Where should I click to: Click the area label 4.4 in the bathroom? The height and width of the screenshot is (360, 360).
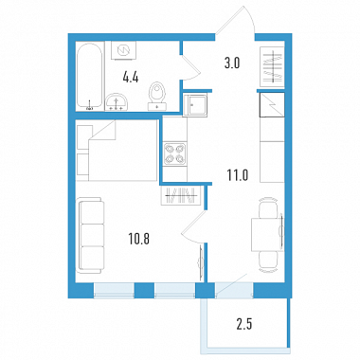pyautogui.click(x=131, y=78)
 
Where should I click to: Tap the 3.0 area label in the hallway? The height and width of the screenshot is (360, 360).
pyautogui.click(x=232, y=63)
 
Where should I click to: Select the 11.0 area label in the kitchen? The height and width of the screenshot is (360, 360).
pyautogui.click(x=238, y=174)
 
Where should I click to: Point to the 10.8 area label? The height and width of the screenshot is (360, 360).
pyautogui.click(x=138, y=240)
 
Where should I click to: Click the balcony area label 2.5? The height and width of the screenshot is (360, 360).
pyautogui.click(x=244, y=325)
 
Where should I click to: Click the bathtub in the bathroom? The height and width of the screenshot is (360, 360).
pyautogui.click(x=90, y=76)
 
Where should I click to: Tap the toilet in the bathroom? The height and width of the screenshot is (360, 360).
pyautogui.click(x=157, y=97)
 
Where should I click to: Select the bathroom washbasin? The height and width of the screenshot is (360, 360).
pyautogui.click(x=117, y=102)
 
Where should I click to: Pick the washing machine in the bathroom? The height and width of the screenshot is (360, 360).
pyautogui.click(x=123, y=50)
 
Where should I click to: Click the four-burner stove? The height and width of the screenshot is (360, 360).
pyautogui.click(x=174, y=153)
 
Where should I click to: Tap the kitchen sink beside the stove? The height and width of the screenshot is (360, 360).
pyautogui.click(x=195, y=105)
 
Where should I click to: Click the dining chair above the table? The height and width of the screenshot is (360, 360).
pyautogui.click(x=268, y=207)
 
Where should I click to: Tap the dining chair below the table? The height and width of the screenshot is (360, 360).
pyautogui.click(x=268, y=261)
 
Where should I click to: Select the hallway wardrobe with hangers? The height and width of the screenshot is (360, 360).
pyautogui.click(x=272, y=66)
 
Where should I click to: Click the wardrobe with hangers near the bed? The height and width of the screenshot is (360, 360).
pyautogui.click(x=181, y=195)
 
